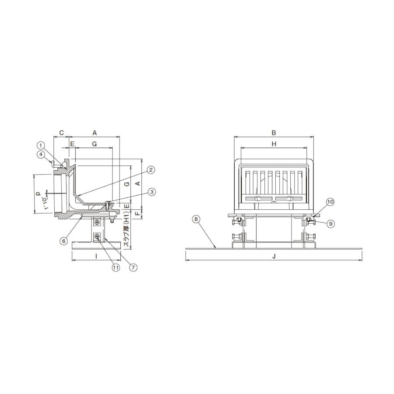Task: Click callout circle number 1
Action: [x=41, y=145]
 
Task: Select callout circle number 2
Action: [x=150, y=170]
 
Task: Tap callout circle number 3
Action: [x=151, y=192]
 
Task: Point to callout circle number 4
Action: [x=41, y=154]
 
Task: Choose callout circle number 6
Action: [x=64, y=241]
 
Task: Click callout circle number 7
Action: [x=133, y=267]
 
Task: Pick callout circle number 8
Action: [x=196, y=219]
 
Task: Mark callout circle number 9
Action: [x=331, y=223]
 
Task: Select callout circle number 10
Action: [x=330, y=202]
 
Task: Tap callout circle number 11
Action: [x=116, y=267]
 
